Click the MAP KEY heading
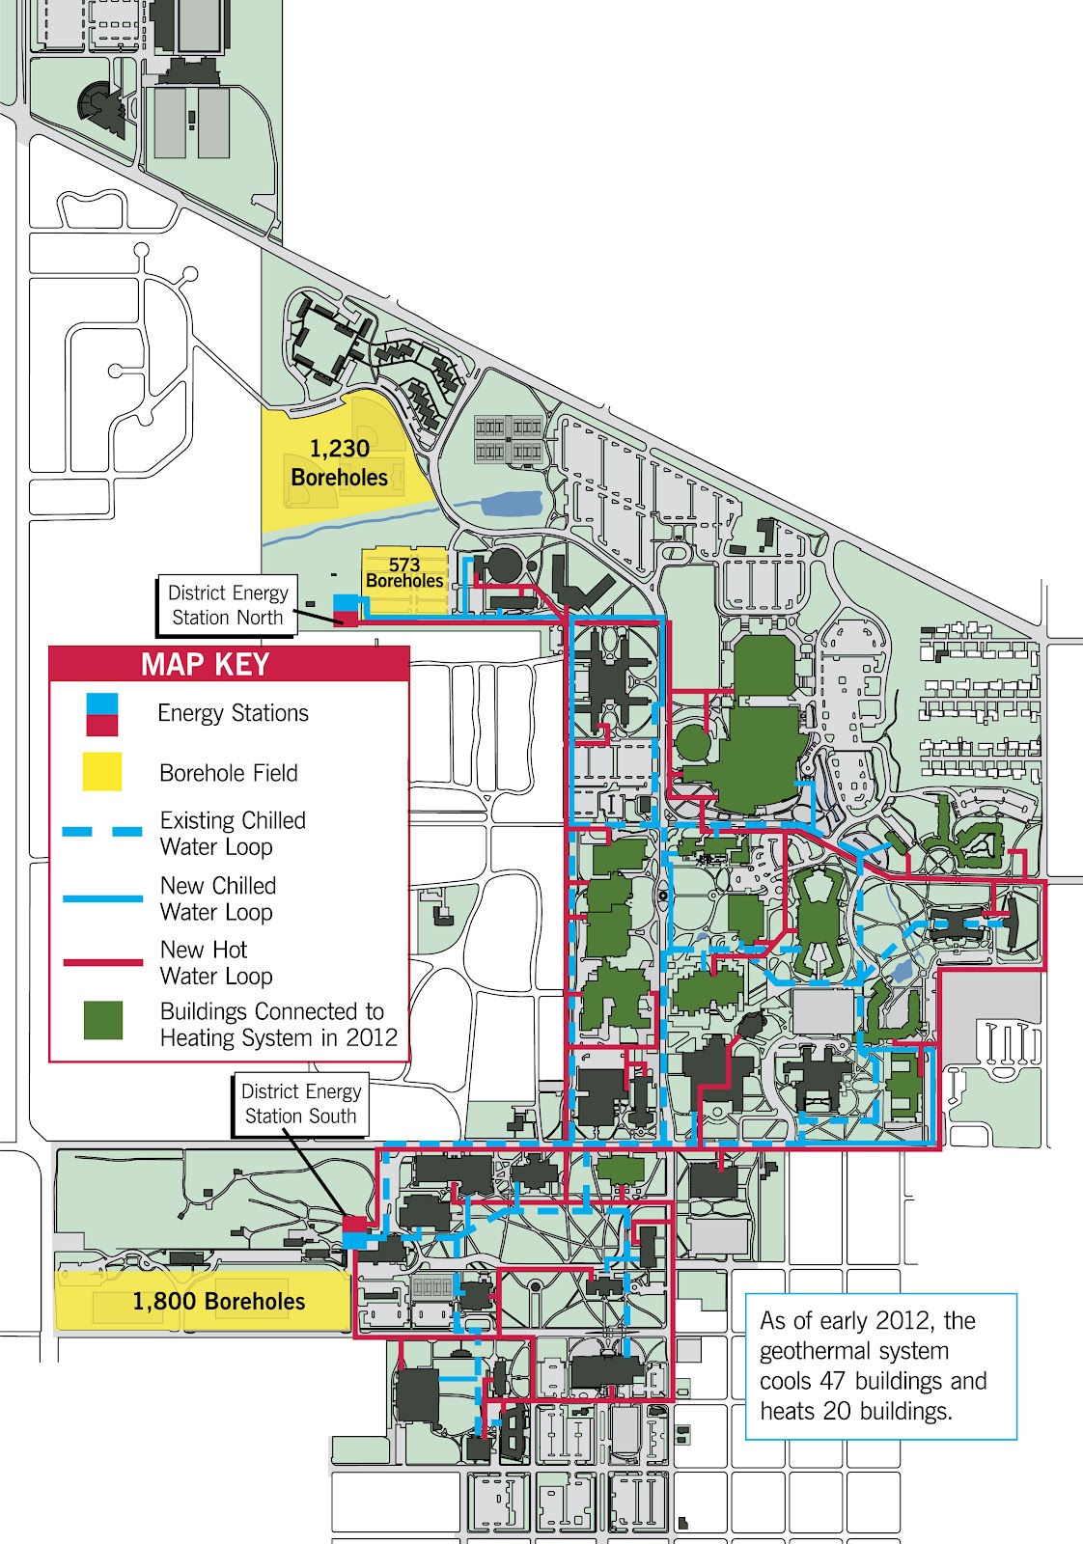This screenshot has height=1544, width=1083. click(x=205, y=665)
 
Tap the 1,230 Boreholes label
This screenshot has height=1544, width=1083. click(x=339, y=462)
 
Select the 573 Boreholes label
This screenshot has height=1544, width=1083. click(x=404, y=572)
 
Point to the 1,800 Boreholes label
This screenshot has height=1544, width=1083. click(x=218, y=1302)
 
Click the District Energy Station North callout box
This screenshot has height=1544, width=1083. click(x=228, y=605)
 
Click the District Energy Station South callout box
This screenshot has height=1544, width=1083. click(x=300, y=1104)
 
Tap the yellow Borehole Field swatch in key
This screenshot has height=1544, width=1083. click(x=102, y=772)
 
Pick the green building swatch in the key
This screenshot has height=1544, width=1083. click(x=103, y=1020)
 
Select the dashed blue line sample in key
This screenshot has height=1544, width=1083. click(x=102, y=832)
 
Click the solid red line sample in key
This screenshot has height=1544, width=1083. click(x=102, y=962)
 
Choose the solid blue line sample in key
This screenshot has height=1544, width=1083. click(x=102, y=898)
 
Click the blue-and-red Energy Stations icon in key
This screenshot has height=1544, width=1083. click(x=102, y=714)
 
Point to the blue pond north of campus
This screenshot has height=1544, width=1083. click(x=511, y=504)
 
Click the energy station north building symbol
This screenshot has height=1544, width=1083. click(x=346, y=610)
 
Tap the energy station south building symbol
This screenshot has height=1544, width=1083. click(x=355, y=1232)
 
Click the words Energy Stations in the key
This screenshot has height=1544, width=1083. click(x=233, y=713)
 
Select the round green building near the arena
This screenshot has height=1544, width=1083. click(x=692, y=744)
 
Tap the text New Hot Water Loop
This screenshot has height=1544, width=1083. click(x=216, y=962)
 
